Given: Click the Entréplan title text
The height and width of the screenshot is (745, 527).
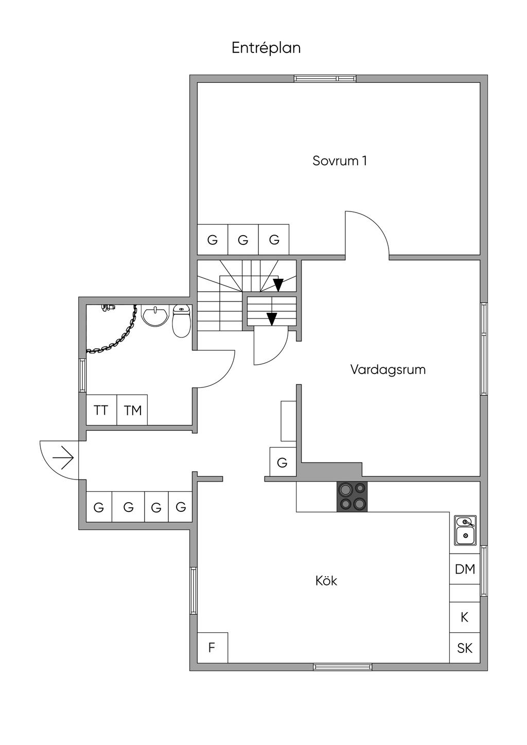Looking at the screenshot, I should coord(266,48).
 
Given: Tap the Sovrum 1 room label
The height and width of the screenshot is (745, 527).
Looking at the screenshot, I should coord(340,161).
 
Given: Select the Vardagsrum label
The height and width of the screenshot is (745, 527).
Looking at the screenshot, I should coord(388,369).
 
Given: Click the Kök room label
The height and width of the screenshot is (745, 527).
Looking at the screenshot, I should coord(326,581).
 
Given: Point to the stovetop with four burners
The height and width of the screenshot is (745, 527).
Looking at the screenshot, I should coord(352,496).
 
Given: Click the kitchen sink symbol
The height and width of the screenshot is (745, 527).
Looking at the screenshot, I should coord(465,530).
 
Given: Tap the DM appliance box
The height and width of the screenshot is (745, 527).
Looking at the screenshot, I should coord(465,569).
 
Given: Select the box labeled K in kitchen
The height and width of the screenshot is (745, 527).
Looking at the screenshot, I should coord(465,617).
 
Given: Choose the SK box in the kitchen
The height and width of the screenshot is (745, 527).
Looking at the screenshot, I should coord(465,648).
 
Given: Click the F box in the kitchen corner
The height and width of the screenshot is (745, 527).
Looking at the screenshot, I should coord(212,648).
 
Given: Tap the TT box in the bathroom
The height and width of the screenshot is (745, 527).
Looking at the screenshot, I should coord(101,410).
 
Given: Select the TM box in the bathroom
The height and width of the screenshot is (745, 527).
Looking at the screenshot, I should coord(132,410).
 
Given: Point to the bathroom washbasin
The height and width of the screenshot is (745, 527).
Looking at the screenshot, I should coord(155,316).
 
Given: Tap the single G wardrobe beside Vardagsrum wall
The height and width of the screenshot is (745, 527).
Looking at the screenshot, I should coord(282,463).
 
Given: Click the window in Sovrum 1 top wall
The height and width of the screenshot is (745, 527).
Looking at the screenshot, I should coord(325,79).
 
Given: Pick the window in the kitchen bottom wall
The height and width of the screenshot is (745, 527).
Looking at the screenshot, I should coord(343,667).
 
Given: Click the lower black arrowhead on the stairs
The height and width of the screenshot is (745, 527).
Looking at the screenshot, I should coord(272,318).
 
